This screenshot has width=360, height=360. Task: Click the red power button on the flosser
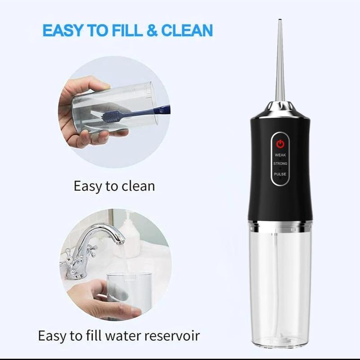[x=280, y=144]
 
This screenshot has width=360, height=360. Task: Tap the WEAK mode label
[x=280, y=155]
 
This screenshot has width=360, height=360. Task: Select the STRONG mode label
[x=280, y=164]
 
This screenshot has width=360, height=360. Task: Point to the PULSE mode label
[x=280, y=174]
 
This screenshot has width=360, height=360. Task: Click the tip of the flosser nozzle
[x=279, y=21]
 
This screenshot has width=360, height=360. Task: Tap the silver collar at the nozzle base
[x=279, y=108]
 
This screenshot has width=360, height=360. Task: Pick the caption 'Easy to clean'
[x=114, y=186]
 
